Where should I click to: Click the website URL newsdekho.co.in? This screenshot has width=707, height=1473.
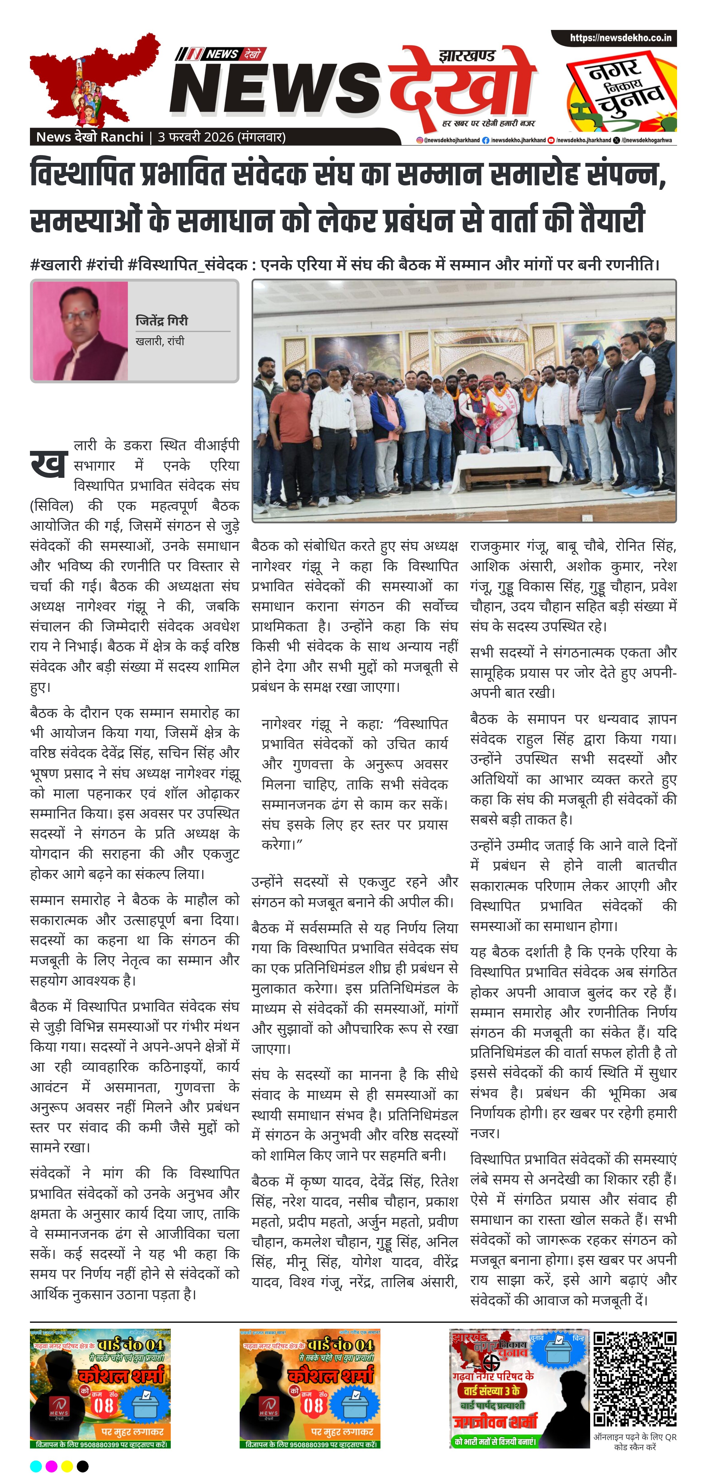tap(620, 38)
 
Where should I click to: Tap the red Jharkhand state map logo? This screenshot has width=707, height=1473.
tap(92, 80)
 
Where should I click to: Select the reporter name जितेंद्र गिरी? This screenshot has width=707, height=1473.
tap(162, 321)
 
